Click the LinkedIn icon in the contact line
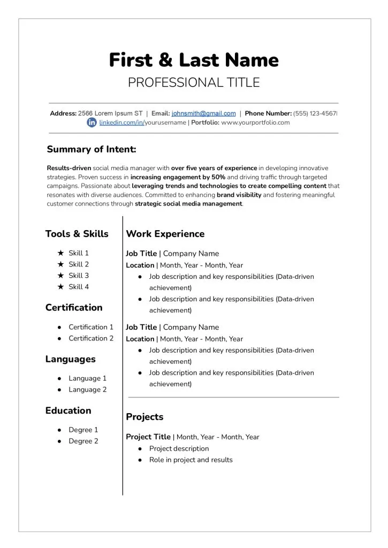92,123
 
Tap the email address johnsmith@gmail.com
203,113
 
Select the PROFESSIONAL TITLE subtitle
194,82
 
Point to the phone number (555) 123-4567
315,113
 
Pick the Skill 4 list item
79,287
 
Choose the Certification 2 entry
91,338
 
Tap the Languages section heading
71,359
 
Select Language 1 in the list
87,378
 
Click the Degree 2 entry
83,441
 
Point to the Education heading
69,410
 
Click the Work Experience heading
165,234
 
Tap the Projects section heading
144,417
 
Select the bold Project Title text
148,437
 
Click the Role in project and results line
191,460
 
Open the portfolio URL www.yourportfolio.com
255,123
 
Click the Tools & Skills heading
77,234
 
